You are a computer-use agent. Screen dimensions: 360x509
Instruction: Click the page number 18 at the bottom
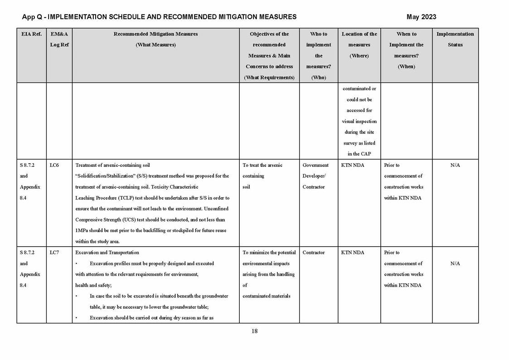(x=254, y=331)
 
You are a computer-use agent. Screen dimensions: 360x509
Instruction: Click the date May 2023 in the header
(x=421, y=17)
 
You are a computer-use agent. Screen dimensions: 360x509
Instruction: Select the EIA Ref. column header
(x=31, y=34)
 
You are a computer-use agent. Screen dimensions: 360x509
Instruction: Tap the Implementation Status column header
(x=455, y=39)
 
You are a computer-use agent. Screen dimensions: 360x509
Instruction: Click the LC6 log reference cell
(x=54, y=165)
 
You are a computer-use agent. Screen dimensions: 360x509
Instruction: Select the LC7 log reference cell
(x=54, y=253)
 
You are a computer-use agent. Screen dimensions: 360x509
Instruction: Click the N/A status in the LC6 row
(x=455, y=165)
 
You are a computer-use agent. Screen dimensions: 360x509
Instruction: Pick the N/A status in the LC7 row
(x=455, y=263)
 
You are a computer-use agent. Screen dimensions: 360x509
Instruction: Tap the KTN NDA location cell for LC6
(x=352, y=165)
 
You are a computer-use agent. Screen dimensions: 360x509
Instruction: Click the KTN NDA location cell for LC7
(x=352, y=253)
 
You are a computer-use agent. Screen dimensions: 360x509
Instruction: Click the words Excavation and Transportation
(x=107, y=253)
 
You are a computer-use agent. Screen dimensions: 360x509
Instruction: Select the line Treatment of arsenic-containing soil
(x=112, y=165)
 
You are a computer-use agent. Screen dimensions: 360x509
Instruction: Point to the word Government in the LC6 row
(x=315, y=165)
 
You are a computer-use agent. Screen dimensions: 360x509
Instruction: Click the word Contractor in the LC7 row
(x=314, y=253)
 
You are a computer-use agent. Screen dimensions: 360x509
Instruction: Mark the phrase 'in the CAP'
(x=359, y=154)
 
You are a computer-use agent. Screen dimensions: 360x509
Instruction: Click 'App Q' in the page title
(x=32, y=17)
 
